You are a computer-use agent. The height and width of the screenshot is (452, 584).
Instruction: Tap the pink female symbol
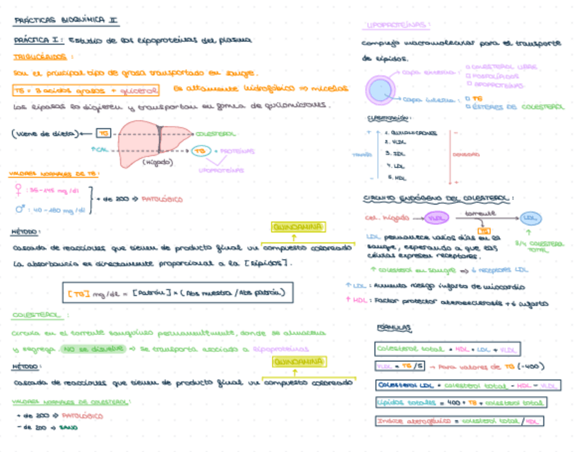pyautogui.click(x=17, y=189)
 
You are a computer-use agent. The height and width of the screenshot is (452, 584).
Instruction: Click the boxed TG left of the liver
pyautogui.click(x=103, y=133)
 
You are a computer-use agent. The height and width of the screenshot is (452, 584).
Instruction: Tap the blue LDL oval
pyautogui.click(x=530, y=218)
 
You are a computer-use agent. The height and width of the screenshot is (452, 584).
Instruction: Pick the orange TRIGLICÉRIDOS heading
pyautogui.click(x=43, y=57)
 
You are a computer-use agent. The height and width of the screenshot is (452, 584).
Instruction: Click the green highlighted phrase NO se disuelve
pyautogui.click(x=94, y=350)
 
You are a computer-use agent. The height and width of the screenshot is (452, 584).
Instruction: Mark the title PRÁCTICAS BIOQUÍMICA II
pyautogui.click(x=66, y=21)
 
